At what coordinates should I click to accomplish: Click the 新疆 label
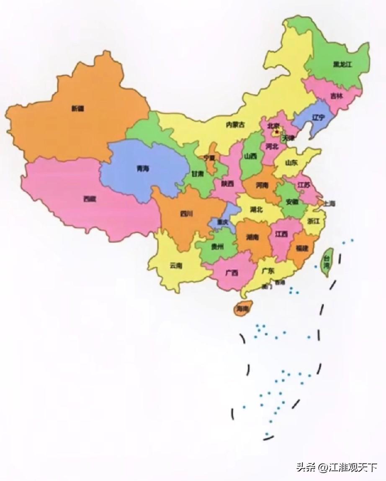click(77, 108)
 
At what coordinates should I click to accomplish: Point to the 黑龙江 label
click(342, 64)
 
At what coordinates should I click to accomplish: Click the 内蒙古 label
click(235, 124)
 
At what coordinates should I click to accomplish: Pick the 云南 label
click(176, 265)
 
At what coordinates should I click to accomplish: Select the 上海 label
click(330, 204)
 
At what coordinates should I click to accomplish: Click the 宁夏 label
click(209, 158)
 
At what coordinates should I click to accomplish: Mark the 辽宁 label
click(319, 118)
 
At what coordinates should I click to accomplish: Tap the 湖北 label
click(256, 209)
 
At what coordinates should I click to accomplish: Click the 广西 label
click(232, 273)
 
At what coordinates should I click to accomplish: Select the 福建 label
click(302, 248)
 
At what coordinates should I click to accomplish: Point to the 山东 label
click(291, 162)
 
